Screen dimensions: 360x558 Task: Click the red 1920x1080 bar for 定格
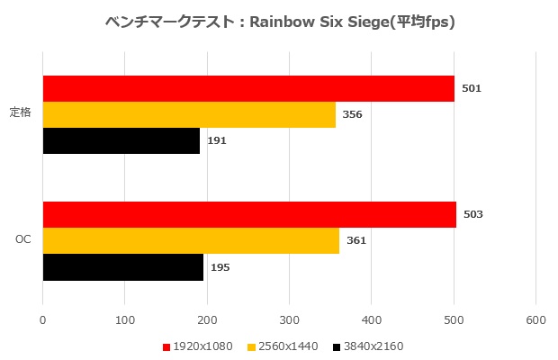[x=248, y=89]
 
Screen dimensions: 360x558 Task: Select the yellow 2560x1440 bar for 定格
[x=189, y=115]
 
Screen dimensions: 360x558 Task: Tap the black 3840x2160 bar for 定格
[x=121, y=141]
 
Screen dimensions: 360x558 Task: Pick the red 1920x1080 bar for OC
[x=249, y=215]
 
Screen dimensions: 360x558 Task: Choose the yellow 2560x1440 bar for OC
[x=191, y=241]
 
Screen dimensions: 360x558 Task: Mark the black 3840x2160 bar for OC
[x=122, y=267]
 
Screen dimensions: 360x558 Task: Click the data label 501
[x=472, y=89]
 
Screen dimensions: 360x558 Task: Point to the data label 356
[x=353, y=115]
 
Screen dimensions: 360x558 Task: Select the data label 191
[x=217, y=141]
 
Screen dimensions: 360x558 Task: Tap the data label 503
[x=473, y=215]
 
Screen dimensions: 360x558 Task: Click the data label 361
[x=356, y=241]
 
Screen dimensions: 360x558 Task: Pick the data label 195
[x=220, y=267]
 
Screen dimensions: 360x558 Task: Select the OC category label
[x=23, y=241]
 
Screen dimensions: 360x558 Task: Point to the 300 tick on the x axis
[x=290, y=319]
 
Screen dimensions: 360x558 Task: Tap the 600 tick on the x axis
[x=536, y=319]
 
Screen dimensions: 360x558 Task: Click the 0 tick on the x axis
[x=43, y=319]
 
